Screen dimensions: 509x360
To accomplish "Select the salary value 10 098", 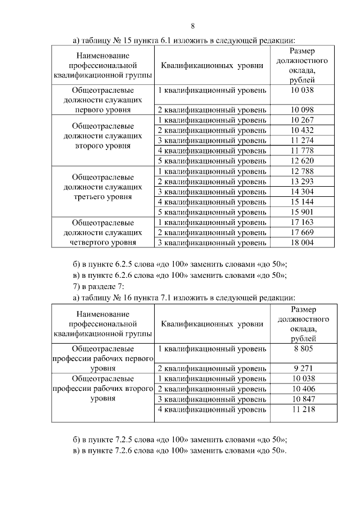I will coord(303,110).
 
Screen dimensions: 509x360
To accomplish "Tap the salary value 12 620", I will coord(303,161).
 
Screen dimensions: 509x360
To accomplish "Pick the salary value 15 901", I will coord(303,212).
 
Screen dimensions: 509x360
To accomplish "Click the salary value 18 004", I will coord(303,242).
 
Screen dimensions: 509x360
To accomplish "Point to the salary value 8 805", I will coord(303,349).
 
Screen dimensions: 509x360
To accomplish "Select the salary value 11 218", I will coord(303,409).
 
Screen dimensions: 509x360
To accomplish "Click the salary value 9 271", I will coord(303,369).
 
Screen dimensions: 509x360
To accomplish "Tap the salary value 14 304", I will coord(303,191).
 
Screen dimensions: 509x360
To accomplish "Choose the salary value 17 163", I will coord(303,222).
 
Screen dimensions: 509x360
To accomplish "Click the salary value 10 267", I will coord(303,120).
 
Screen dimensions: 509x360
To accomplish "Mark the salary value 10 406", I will coord(303,389).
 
